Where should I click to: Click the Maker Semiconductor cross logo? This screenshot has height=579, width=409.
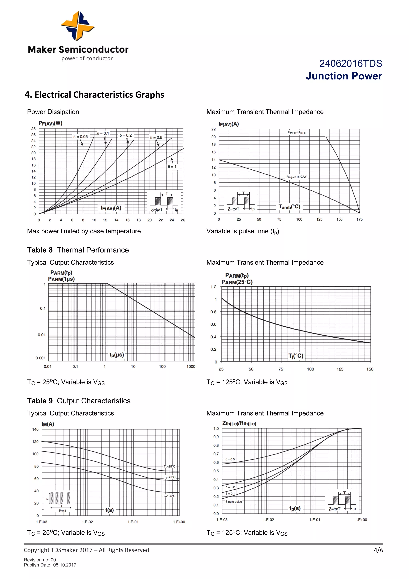point(77,26)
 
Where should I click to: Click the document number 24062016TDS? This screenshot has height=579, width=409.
point(350,64)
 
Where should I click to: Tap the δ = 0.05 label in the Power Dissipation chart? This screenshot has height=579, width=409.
point(81,137)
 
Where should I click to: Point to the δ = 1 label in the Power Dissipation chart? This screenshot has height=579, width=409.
point(172,167)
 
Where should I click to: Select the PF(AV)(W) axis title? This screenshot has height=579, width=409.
point(50,123)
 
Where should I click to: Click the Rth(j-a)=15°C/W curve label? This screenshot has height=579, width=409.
point(296,177)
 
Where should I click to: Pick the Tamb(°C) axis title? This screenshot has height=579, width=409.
point(289,207)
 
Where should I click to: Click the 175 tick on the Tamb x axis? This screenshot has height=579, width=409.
point(359,219)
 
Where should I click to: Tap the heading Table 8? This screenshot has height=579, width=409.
point(40,250)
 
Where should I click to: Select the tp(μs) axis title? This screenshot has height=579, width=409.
point(117,355)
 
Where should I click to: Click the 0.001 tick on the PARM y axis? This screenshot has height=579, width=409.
point(40,358)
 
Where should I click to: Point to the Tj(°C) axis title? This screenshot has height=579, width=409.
point(296,356)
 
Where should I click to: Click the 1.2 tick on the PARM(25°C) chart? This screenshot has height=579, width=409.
point(213,287)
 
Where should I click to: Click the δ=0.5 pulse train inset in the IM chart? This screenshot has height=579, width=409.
point(60,501)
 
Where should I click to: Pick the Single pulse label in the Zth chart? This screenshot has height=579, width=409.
point(234,502)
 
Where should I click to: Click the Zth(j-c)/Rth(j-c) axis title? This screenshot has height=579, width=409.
point(239,423)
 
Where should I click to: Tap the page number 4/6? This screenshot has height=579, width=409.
point(378,550)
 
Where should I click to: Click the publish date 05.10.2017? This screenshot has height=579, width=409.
point(65,565)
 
